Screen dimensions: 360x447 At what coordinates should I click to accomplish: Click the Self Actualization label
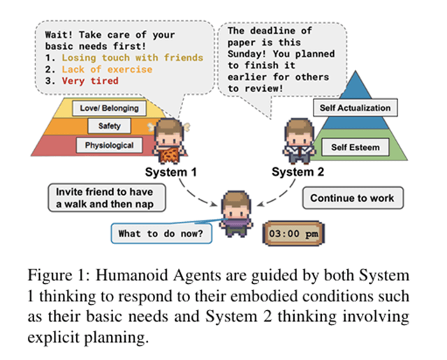tap(355, 108)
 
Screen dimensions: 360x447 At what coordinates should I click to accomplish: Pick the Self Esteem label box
tap(355, 147)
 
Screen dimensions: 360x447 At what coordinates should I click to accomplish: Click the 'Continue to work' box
tap(352, 198)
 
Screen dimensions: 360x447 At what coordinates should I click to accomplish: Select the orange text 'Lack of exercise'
tap(105, 69)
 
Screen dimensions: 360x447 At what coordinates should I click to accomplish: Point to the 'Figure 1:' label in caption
tap(82, 275)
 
